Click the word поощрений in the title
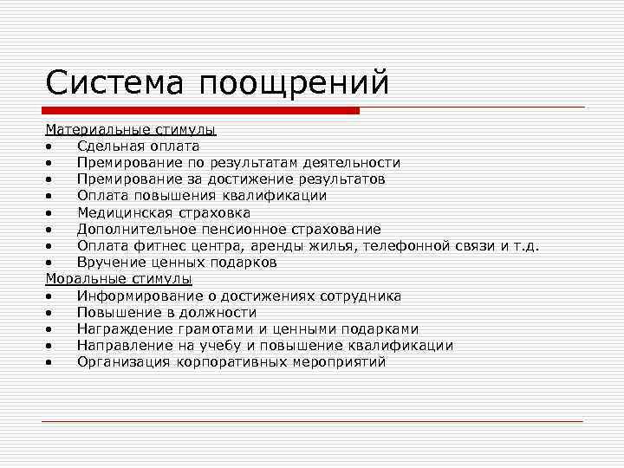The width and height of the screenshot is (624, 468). pos(295,85)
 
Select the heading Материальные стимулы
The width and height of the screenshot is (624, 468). pos(131,130)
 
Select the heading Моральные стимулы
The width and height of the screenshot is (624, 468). pos(119,279)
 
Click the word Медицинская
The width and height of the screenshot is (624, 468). pos(122,212)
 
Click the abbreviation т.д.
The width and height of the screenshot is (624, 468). pos(525,246)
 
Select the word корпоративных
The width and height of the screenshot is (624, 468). pos(228,362)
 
